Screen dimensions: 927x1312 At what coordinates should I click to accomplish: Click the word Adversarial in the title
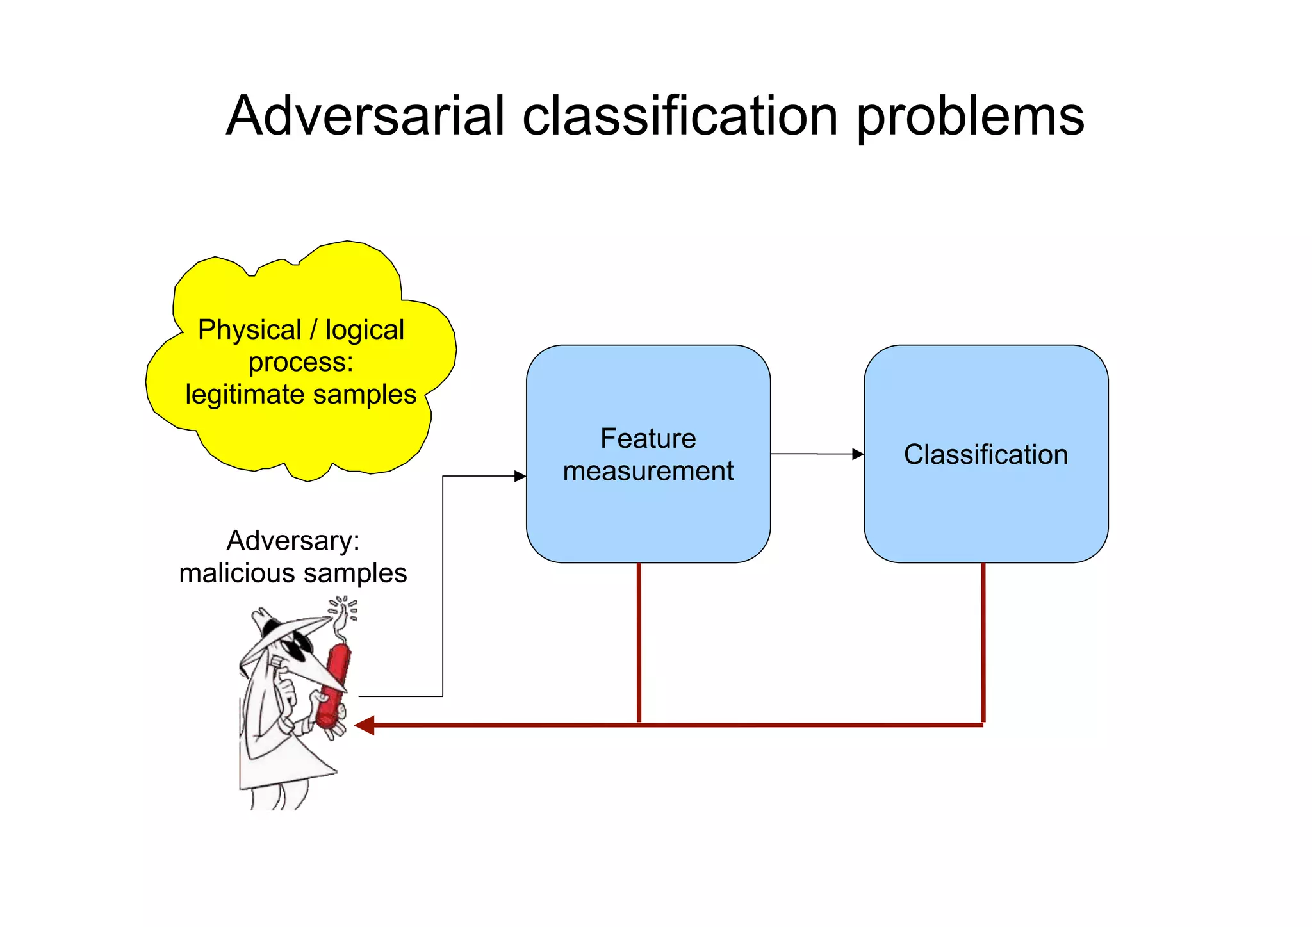[x=366, y=116]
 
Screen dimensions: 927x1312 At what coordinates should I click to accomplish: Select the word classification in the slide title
[x=680, y=116]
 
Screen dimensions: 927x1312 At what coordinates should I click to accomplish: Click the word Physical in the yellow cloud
[x=249, y=331]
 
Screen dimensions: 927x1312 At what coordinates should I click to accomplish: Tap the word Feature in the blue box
[x=648, y=439]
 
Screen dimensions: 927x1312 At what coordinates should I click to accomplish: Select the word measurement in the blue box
[x=648, y=472]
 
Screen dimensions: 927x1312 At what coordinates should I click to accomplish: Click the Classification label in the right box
[x=985, y=455]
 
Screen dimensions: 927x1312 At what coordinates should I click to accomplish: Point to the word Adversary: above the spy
[x=293, y=541]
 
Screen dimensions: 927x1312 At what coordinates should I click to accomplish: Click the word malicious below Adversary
[x=240, y=573]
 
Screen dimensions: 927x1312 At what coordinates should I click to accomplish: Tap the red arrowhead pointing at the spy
[x=365, y=725]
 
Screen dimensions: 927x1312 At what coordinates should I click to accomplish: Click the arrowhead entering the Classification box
[x=858, y=454]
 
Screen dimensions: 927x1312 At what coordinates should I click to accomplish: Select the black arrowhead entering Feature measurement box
[x=520, y=476]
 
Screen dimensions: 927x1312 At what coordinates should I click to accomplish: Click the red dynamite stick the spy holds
[x=334, y=685]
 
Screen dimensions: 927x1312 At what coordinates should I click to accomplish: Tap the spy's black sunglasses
[x=296, y=647]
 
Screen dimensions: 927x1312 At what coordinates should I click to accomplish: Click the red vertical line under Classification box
[x=983, y=641]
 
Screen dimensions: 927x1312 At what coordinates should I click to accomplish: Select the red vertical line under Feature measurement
[x=639, y=641]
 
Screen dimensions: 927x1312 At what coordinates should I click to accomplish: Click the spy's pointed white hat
[x=282, y=631]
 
